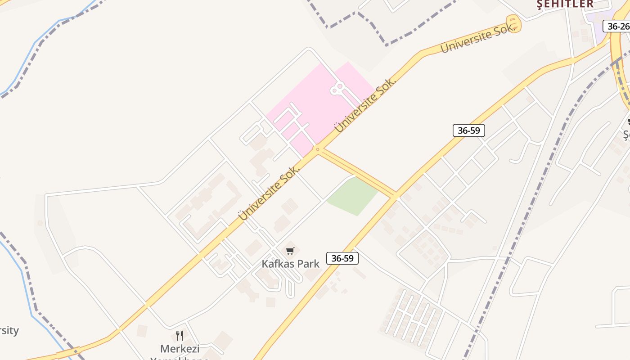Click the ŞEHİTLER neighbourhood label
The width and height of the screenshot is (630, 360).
click(x=566, y=4)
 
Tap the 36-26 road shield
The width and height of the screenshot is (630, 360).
click(x=617, y=26)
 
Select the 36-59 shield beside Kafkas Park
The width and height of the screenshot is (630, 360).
click(x=342, y=258)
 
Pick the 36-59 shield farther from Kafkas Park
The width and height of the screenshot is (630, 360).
click(x=468, y=130)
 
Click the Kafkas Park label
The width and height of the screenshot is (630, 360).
click(x=291, y=264)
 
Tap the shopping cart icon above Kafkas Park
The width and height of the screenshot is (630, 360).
click(x=290, y=251)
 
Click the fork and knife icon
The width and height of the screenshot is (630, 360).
click(x=180, y=336)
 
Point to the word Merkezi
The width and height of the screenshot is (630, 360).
click(x=180, y=348)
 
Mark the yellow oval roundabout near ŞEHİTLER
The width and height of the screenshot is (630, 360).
click(x=513, y=23)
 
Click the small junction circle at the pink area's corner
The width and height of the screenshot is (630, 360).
click(x=318, y=149)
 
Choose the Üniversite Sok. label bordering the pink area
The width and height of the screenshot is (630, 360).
click(x=365, y=104)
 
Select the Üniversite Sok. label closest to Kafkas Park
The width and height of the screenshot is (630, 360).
click(x=270, y=193)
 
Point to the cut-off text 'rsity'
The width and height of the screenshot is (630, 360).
click(x=9, y=330)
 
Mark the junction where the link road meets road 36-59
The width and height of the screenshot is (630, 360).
click(x=395, y=196)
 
